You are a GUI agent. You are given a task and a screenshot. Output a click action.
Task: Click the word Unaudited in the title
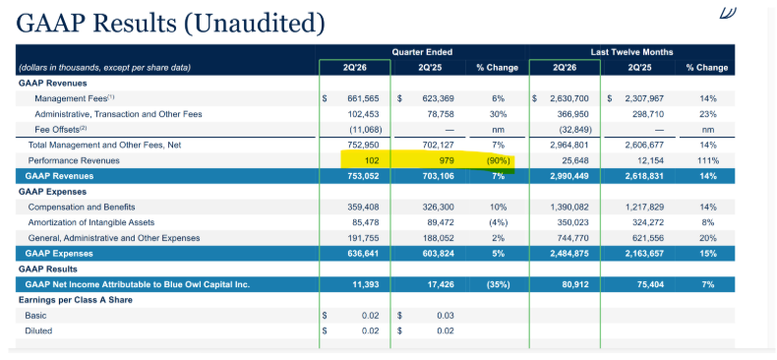[254, 24]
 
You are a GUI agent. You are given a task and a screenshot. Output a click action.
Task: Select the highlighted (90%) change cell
[497, 160]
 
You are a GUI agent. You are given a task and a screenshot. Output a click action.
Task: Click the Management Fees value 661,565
[363, 98]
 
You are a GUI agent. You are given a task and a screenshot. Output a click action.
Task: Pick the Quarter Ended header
[422, 52]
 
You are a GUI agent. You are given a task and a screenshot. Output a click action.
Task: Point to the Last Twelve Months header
[631, 52]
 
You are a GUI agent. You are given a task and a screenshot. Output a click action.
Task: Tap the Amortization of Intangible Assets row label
[91, 222]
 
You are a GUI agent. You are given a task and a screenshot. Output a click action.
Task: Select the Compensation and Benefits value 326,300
[438, 207]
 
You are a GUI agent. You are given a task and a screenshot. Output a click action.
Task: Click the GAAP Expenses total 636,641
[363, 254]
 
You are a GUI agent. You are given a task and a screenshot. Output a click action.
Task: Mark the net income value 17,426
[441, 284]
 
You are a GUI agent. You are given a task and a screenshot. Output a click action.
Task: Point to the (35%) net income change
[497, 284]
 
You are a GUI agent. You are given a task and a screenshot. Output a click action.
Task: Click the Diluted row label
[38, 330]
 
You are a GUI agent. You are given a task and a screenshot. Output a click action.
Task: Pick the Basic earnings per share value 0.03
[445, 316]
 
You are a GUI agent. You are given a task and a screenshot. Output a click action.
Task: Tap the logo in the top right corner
[728, 13]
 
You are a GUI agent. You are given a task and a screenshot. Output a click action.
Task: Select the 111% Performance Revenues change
[707, 160]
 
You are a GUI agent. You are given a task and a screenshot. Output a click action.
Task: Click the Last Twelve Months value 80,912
[575, 284]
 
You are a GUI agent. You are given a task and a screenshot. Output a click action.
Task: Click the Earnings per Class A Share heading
[76, 300]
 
